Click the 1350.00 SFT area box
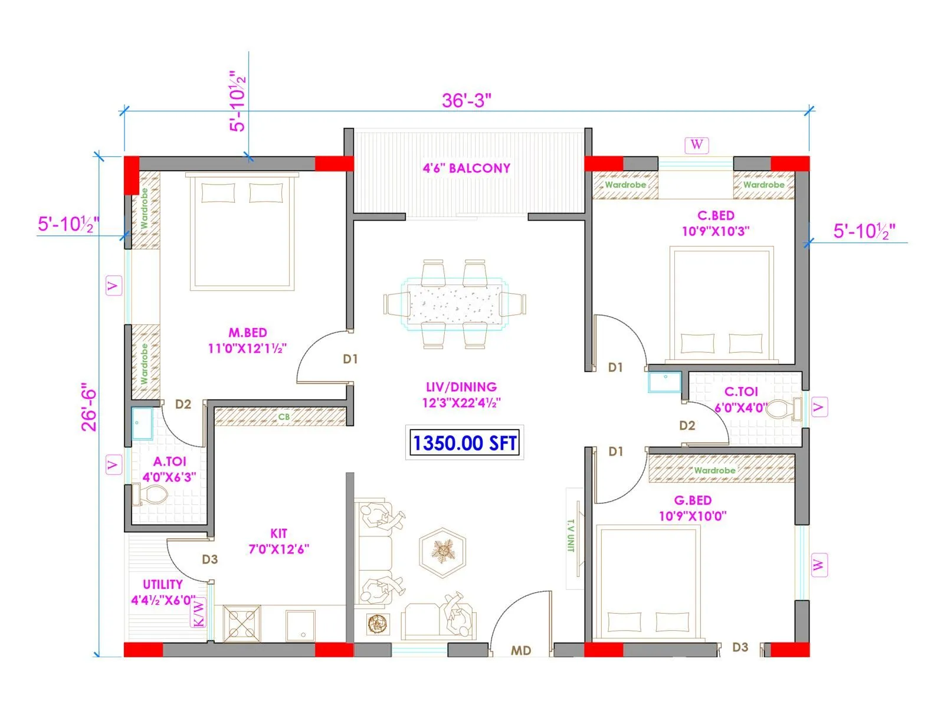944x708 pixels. pyautogui.click(x=465, y=443)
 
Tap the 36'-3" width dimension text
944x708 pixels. pyautogui.click(x=466, y=100)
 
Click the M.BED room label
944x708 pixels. pyautogui.click(x=248, y=333)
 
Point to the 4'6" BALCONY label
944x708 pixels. pyautogui.click(x=466, y=168)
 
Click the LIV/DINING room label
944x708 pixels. pyautogui.click(x=461, y=388)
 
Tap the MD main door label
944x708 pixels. pyautogui.click(x=521, y=650)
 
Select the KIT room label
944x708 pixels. pyautogui.click(x=278, y=533)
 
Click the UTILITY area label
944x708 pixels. pyautogui.click(x=163, y=584)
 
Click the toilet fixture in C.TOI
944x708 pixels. pyautogui.click(x=784, y=409)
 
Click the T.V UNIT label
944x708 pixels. pyautogui.click(x=571, y=536)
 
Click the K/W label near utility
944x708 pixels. pyautogui.click(x=199, y=613)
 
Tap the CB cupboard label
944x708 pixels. pyautogui.click(x=284, y=417)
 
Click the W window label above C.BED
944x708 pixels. pyautogui.click(x=697, y=145)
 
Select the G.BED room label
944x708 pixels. pyautogui.click(x=693, y=500)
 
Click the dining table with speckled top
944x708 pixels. pyautogui.click(x=454, y=304)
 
